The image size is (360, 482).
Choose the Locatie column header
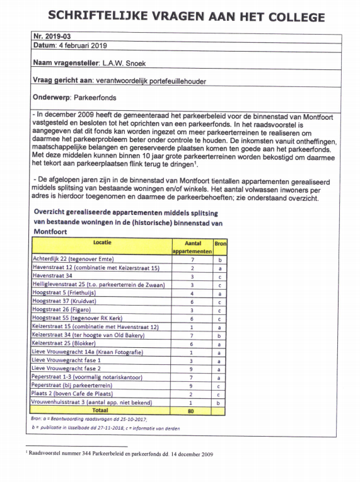(102, 243)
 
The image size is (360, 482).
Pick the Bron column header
(220, 243)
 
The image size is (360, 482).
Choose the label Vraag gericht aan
(62, 81)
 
